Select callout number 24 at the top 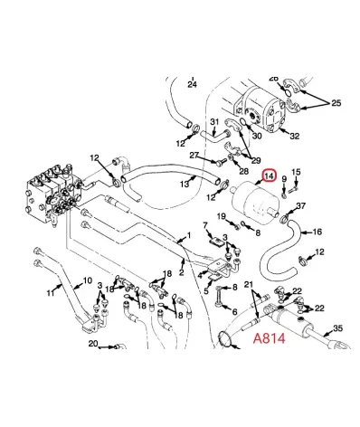[x=191, y=83]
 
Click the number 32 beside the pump [x=294, y=137]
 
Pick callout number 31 [x=214, y=122]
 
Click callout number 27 [x=194, y=155]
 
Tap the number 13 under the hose [x=184, y=184]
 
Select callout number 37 [x=301, y=206]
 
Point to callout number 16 [x=317, y=232]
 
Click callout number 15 [x=296, y=172]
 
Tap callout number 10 [x=88, y=280]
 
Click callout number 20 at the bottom [x=92, y=344]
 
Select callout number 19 [x=220, y=216]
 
